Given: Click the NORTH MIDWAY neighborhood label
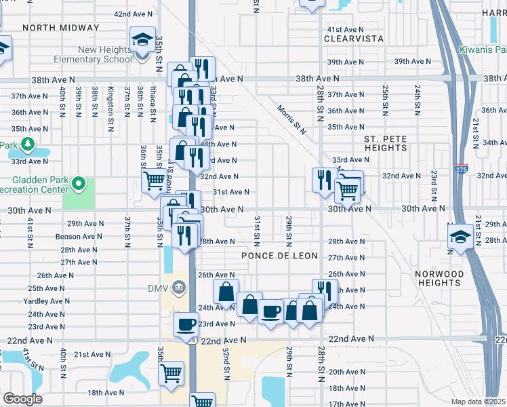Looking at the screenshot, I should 60,28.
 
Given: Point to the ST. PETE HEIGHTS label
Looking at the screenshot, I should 386,143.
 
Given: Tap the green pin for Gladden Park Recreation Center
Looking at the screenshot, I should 79,183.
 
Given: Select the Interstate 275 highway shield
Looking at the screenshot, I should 462,170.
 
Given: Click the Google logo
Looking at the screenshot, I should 22,399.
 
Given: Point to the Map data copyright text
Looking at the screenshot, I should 478,402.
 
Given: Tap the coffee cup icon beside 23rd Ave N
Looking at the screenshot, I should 186,324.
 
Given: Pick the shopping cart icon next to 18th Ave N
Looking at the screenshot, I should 171,372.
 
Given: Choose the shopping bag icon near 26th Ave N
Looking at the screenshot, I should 226,292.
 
